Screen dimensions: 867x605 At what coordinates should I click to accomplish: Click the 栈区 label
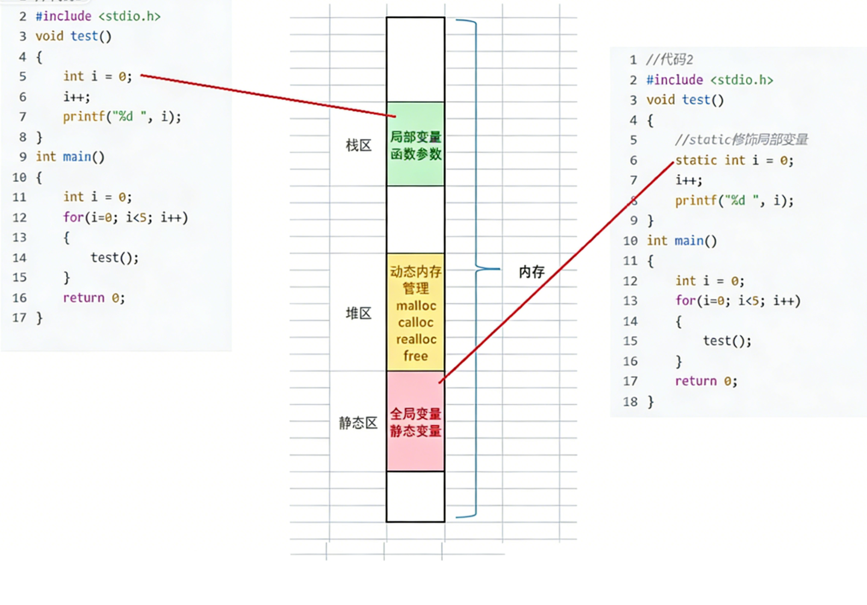click(358, 146)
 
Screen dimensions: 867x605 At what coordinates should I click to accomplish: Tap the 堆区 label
click(358, 313)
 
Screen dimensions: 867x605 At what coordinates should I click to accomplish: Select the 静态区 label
click(358, 423)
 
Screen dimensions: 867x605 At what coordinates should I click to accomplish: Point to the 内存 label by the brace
click(532, 272)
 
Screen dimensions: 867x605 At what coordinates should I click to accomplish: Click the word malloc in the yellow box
click(416, 306)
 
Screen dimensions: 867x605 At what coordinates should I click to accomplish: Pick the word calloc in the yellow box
click(415, 323)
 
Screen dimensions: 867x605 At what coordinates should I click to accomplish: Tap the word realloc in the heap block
click(416, 340)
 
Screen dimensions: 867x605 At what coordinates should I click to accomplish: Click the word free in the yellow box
click(415, 356)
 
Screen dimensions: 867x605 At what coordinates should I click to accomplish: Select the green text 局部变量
click(415, 137)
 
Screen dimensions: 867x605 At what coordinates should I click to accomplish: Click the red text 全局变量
click(415, 414)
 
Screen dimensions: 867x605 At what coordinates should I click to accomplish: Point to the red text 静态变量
click(415, 431)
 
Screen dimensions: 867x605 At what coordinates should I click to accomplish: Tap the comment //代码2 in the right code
click(670, 60)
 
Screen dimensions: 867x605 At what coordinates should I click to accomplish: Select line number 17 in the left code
click(19, 318)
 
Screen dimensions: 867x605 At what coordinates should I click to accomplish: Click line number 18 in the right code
click(630, 402)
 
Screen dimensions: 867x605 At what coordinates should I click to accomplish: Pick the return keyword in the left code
click(84, 297)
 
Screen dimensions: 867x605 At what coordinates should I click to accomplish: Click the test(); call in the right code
click(727, 341)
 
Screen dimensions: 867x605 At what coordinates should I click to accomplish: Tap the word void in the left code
click(49, 36)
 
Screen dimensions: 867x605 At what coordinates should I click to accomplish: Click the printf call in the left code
click(122, 117)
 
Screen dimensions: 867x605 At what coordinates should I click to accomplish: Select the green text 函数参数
click(415, 154)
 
